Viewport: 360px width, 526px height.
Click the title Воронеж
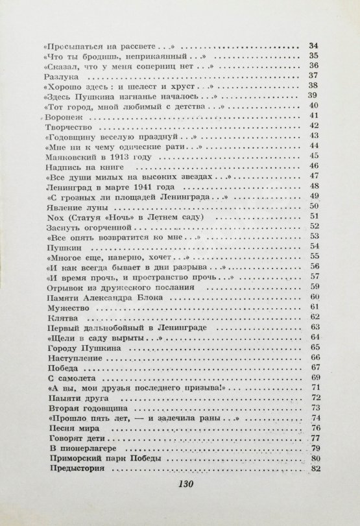click(64, 118)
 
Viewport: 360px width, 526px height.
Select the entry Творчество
click(68, 129)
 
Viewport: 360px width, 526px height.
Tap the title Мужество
click(67, 306)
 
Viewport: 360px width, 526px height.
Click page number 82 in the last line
click(317, 469)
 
